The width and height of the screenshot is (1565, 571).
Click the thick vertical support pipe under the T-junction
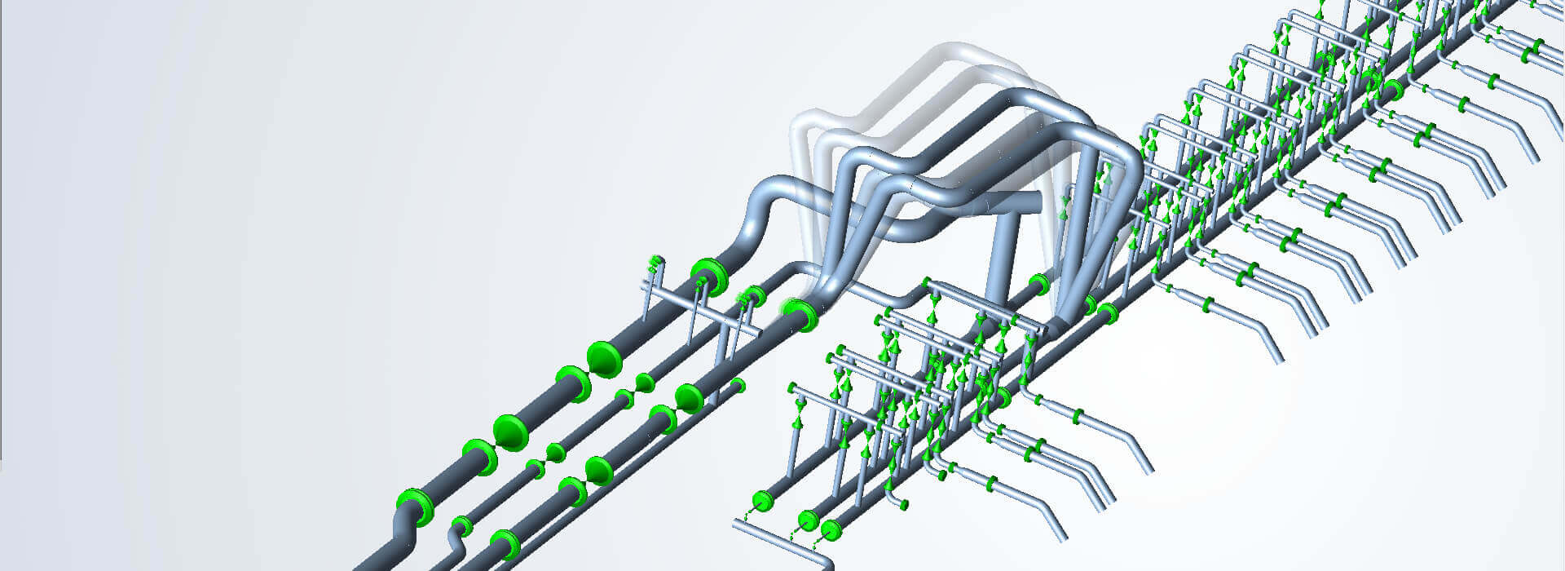[x=1001, y=261]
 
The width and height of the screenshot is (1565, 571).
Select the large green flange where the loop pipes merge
[x=802, y=315]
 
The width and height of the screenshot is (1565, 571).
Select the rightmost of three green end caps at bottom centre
[x=831, y=529]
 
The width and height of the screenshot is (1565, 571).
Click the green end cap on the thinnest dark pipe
[x=738, y=384]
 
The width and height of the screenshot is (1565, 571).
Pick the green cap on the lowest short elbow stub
[x=903, y=506]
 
